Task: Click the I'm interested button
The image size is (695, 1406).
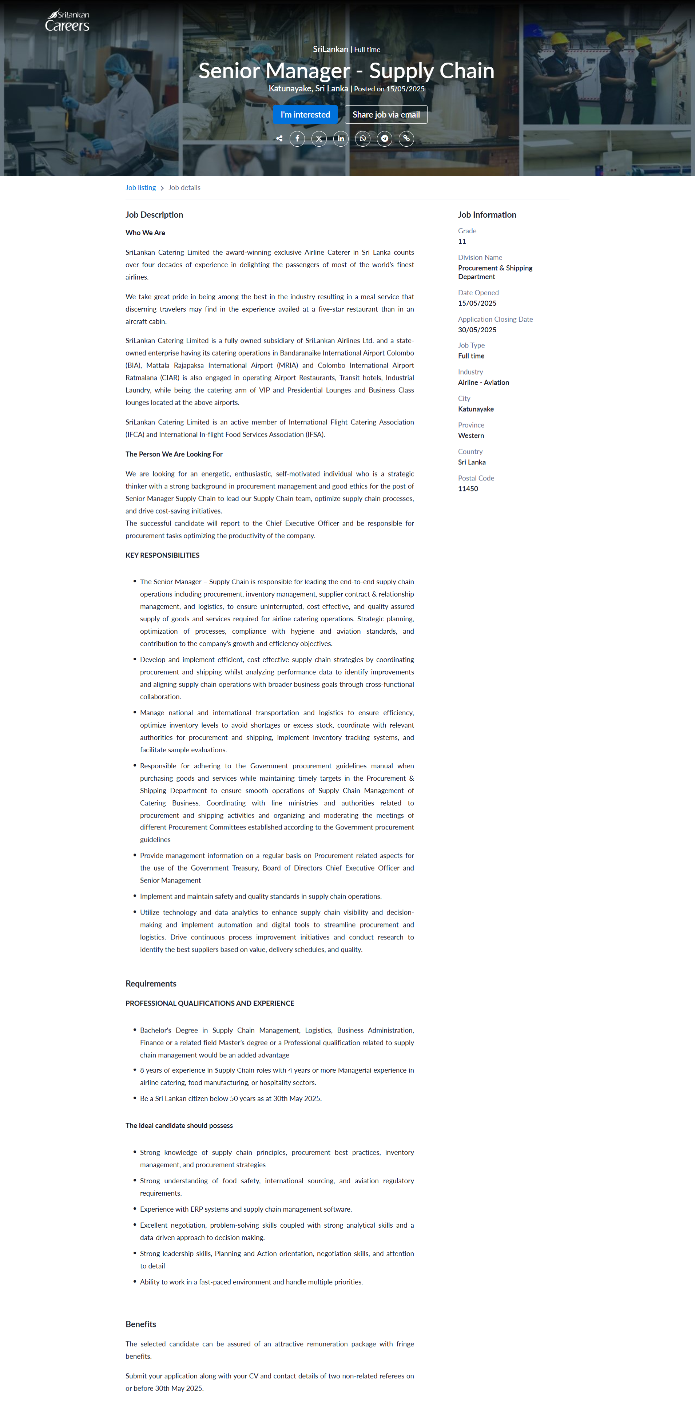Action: click(x=305, y=115)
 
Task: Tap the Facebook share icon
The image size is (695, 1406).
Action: click(x=297, y=139)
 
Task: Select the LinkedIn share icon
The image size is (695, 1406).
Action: click(x=341, y=139)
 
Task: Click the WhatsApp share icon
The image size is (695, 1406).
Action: click(x=363, y=139)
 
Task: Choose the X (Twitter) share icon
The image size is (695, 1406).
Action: click(x=319, y=139)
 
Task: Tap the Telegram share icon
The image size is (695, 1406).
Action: click(x=385, y=139)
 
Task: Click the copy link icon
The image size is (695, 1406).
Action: click(x=406, y=139)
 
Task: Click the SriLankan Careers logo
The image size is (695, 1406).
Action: click(x=67, y=21)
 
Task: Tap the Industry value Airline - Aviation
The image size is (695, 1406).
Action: click(x=483, y=383)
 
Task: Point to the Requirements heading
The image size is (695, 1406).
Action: click(x=151, y=983)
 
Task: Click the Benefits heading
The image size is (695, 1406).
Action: click(x=141, y=1324)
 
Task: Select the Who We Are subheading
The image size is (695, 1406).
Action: click(x=145, y=233)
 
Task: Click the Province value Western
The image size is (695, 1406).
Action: click(x=471, y=436)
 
